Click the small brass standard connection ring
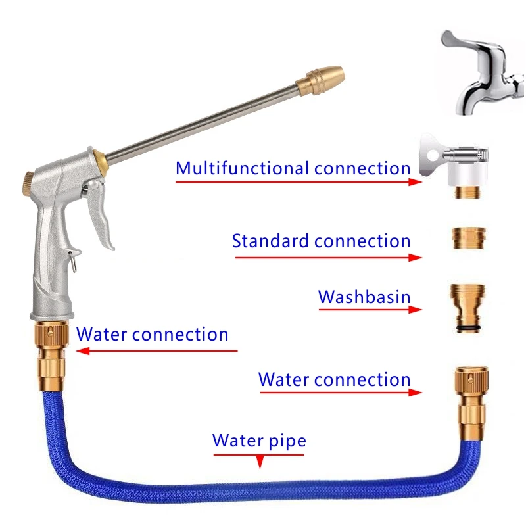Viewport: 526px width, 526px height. point(469,237)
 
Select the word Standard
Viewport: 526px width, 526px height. point(270,241)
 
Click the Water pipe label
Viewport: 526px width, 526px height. point(259,440)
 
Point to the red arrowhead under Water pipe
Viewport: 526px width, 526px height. point(259,464)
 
